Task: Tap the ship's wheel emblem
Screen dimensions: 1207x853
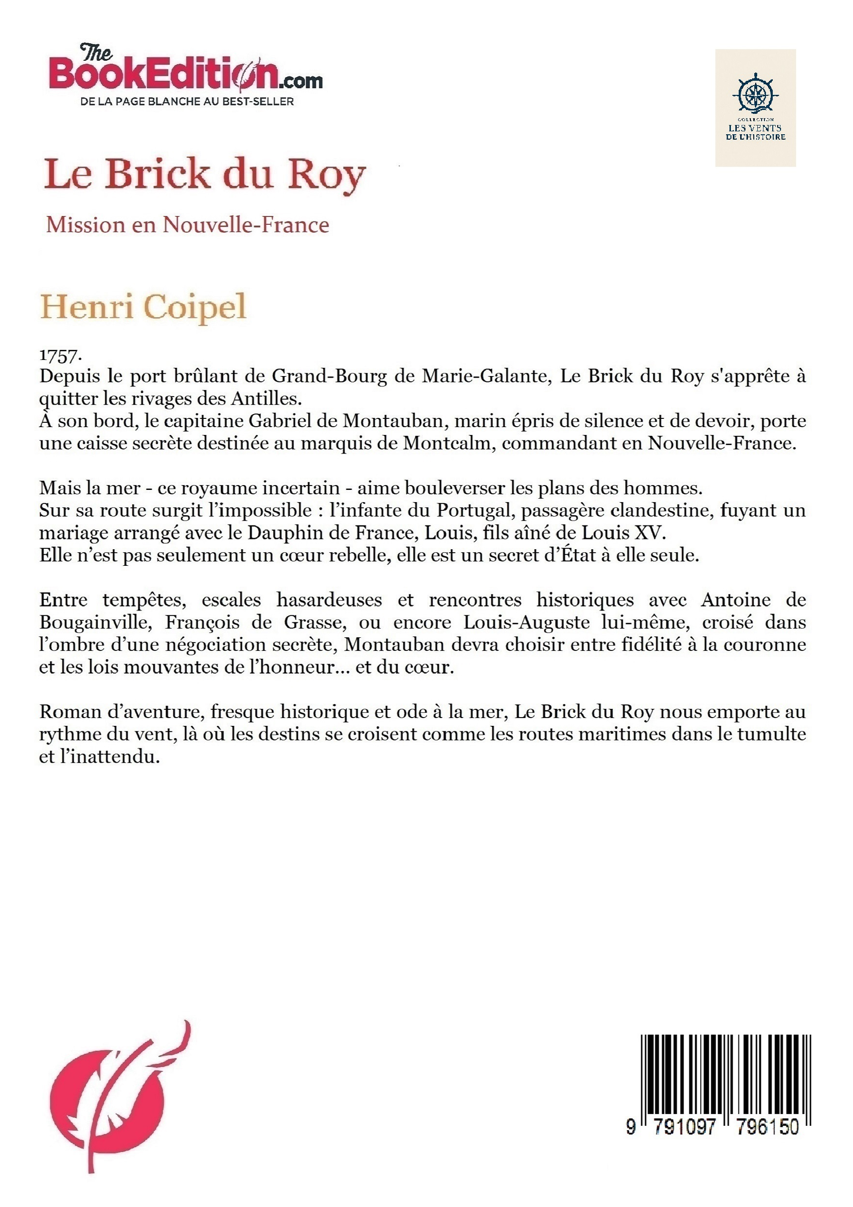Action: tap(755, 93)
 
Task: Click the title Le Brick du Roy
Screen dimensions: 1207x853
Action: tap(204, 174)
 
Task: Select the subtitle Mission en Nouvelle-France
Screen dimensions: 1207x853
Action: tap(188, 224)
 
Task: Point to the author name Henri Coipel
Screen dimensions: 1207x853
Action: tap(143, 307)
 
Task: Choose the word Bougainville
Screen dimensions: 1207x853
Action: tap(95, 623)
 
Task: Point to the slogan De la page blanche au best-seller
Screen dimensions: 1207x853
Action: tap(187, 102)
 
